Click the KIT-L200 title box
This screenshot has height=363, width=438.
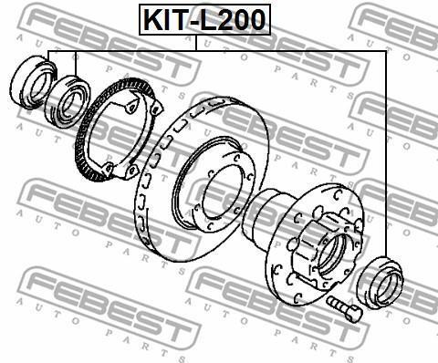pos(204,20)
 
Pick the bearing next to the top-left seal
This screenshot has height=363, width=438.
pos(68,101)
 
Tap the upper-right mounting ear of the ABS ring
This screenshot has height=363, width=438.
pos(156,108)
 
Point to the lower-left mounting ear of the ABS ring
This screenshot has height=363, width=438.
pos(108,170)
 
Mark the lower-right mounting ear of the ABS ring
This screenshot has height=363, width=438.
pos(132,171)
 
